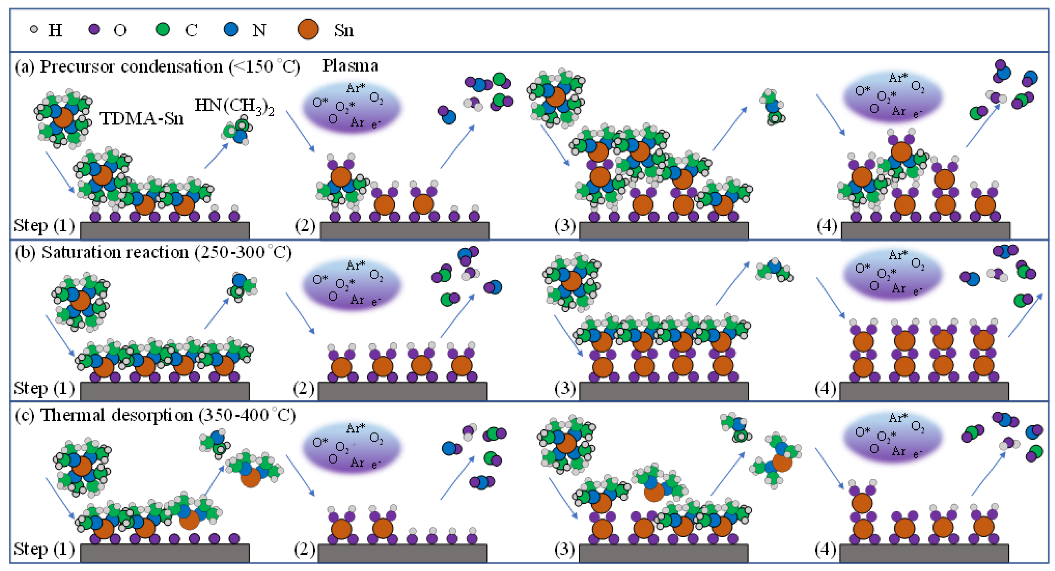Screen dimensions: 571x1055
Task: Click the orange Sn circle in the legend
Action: click(x=308, y=29)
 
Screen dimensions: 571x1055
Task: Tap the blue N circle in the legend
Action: click(x=231, y=29)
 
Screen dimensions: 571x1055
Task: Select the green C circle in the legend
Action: click(x=163, y=29)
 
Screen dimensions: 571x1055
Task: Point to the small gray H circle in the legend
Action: click(x=34, y=29)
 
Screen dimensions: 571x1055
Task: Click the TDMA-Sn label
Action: click(x=141, y=119)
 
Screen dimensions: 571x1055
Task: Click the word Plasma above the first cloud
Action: click(x=350, y=66)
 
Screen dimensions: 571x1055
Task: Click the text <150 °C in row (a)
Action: click(x=264, y=66)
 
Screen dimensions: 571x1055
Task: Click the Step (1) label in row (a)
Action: click(x=44, y=225)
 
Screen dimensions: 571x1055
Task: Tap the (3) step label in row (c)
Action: click(x=565, y=548)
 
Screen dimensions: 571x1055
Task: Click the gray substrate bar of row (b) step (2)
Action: click(x=403, y=391)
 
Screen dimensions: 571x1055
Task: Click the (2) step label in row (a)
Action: click(x=305, y=225)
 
